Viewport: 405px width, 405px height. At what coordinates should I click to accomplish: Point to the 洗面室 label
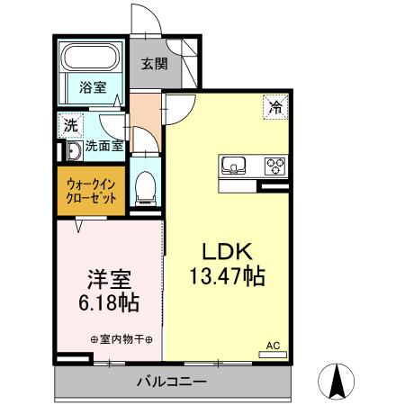coord(104,146)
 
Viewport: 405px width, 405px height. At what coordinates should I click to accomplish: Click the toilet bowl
coord(145,187)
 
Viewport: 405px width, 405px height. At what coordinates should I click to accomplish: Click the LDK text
coord(224,252)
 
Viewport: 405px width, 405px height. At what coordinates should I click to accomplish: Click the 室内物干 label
coord(121,339)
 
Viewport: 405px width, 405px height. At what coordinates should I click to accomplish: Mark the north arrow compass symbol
coord(338,380)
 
